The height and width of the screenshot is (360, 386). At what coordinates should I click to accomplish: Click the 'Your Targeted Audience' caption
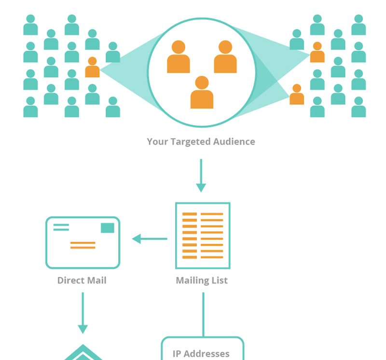(201, 142)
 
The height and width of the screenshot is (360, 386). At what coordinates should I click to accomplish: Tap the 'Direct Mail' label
(82, 280)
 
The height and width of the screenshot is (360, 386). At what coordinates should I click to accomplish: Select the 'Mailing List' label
(202, 280)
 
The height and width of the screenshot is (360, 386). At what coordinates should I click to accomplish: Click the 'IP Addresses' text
(201, 353)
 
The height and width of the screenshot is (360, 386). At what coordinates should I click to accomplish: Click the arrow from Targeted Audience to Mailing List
(201, 175)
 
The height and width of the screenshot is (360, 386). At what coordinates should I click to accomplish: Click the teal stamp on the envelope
(108, 228)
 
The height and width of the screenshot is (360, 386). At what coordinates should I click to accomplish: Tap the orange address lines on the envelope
(83, 245)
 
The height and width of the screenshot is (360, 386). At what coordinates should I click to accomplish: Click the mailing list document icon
(202, 236)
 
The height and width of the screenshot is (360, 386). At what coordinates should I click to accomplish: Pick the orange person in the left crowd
(92, 67)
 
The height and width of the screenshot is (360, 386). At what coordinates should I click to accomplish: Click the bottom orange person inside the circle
(202, 93)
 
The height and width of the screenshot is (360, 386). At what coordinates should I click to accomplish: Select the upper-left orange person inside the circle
(178, 57)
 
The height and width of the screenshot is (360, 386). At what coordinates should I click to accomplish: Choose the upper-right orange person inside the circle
(225, 57)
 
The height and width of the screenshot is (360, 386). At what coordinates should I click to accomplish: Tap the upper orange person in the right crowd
(317, 53)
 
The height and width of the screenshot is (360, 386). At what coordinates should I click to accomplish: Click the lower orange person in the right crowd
(297, 95)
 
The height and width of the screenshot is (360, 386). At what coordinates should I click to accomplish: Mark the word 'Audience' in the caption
(234, 142)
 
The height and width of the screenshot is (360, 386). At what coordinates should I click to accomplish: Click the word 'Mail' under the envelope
(96, 280)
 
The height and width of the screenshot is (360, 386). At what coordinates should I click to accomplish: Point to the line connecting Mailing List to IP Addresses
(203, 313)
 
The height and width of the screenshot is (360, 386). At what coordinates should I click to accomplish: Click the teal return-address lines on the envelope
(61, 227)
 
